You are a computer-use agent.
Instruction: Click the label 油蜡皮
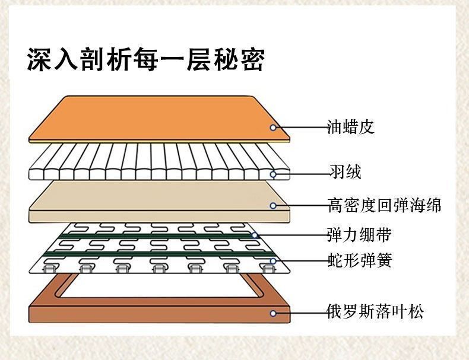[351, 127]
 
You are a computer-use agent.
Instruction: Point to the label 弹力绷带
[359, 235]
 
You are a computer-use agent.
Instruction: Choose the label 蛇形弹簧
[359, 260]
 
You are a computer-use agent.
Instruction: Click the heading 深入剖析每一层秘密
[145, 61]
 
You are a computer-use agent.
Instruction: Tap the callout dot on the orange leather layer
[274, 127]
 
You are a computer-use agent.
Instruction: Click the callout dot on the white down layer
[274, 174]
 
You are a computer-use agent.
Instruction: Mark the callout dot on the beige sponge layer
[273, 206]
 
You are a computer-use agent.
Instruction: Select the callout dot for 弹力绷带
[255, 235]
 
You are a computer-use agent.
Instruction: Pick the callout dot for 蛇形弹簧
[273, 261]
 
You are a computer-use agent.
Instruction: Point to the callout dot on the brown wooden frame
[273, 313]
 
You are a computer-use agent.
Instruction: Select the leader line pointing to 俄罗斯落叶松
[300, 313]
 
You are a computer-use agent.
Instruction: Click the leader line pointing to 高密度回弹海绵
[300, 206]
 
